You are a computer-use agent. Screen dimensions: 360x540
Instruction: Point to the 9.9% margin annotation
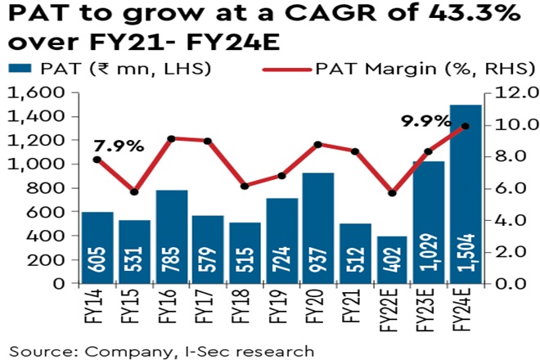(x=425, y=122)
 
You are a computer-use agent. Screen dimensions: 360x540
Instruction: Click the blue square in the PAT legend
(x=17, y=69)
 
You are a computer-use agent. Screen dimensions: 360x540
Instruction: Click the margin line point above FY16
(x=171, y=139)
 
